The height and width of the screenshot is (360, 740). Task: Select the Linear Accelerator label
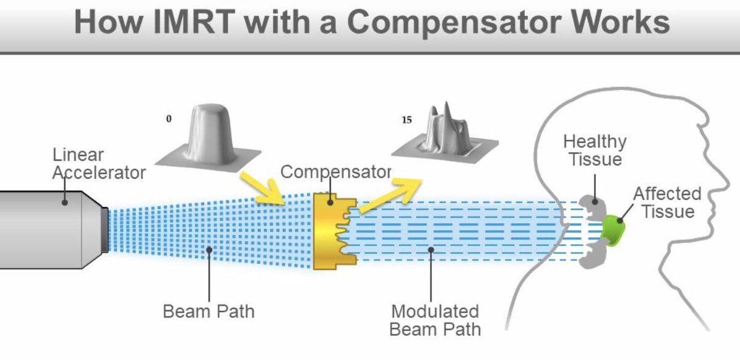[x=99, y=163]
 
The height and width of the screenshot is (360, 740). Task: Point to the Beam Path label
[x=208, y=311]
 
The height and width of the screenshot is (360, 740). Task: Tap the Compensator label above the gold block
[x=335, y=171]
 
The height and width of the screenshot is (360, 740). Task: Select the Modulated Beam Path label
[x=434, y=319]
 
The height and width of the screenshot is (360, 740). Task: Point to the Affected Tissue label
[x=667, y=202]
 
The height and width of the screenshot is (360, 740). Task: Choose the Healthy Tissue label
[x=594, y=150]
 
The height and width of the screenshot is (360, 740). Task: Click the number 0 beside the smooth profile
[x=168, y=119]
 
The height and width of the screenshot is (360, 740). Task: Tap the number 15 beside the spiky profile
[x=406, y=120]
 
